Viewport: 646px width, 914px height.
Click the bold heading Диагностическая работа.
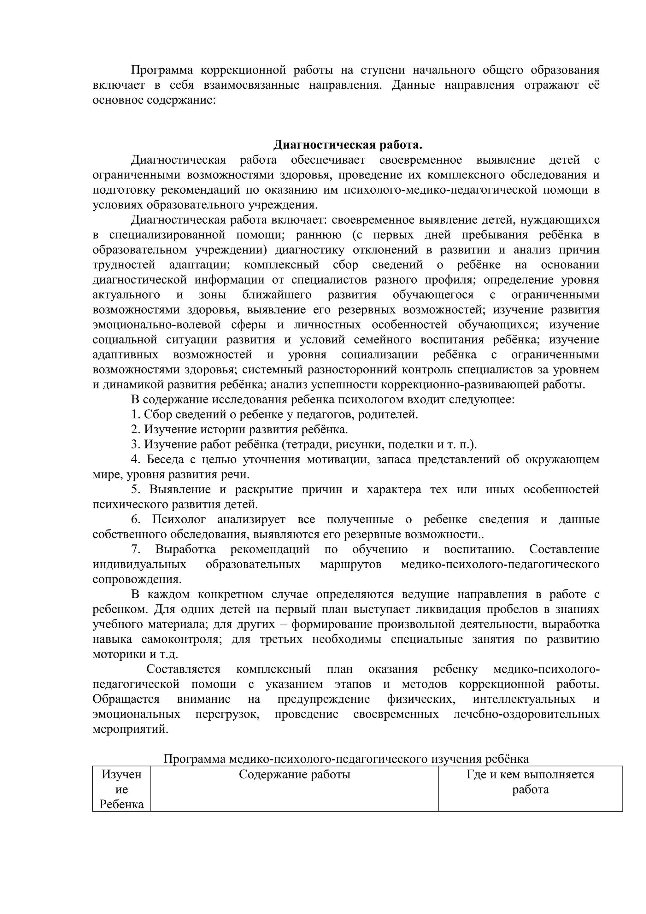pos(348,145)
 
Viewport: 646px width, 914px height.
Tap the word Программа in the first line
pos(161,70)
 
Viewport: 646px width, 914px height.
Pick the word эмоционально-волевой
pos(156,325)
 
